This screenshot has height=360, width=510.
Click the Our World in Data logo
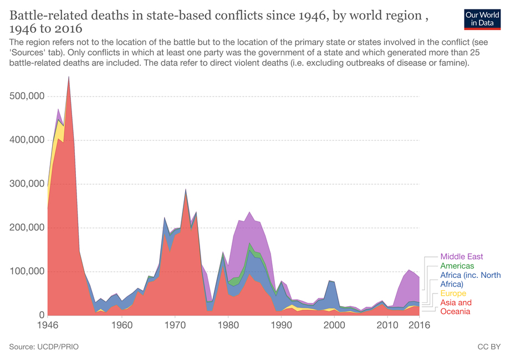478,19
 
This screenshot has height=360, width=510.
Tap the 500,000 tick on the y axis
27,97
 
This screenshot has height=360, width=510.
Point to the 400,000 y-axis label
27,140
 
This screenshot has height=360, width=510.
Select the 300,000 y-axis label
27,184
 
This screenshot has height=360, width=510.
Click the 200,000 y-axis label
27,228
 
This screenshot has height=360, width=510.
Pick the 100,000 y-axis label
27,272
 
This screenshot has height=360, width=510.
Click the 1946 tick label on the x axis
48,326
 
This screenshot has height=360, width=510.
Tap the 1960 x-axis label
122,326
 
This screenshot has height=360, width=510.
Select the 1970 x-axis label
175,326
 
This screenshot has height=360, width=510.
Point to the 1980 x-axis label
228,326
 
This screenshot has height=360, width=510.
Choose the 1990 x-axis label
281,326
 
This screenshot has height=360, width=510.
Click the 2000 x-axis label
334,326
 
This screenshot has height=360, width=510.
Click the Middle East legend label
462,257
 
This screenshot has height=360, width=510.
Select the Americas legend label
457,266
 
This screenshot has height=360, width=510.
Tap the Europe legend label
453,293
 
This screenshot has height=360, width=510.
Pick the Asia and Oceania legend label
456,307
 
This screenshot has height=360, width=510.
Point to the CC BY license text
489,347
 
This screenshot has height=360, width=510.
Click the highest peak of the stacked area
69,77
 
